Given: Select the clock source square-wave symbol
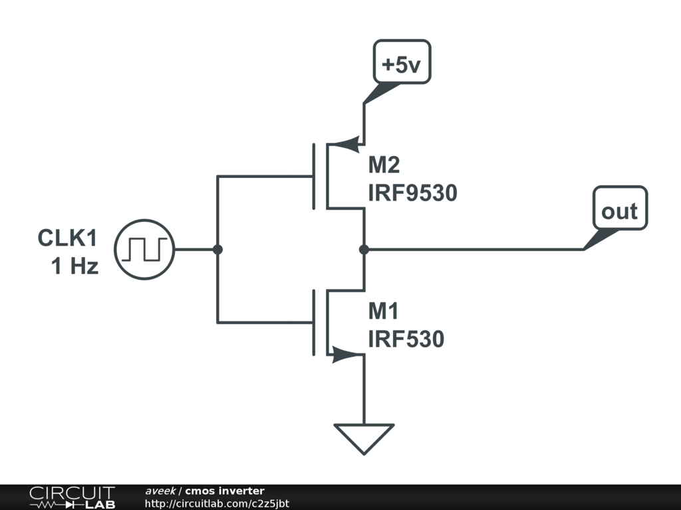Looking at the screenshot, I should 145,250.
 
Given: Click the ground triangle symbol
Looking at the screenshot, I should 364,438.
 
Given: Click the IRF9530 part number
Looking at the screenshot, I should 412,193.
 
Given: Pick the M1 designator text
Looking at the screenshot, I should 386,310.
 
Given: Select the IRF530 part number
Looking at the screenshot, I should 406,339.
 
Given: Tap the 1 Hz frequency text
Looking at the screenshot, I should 74,267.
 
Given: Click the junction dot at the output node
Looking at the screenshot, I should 364,250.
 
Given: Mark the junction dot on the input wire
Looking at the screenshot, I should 217,250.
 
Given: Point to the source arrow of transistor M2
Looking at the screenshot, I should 346,144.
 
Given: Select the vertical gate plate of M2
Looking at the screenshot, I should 314,176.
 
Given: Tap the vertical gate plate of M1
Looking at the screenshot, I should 314,322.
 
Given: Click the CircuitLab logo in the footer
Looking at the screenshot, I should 72,497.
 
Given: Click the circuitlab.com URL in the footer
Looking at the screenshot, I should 217,504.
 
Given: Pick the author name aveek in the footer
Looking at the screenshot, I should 160,491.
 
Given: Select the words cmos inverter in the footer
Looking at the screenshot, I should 224,491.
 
